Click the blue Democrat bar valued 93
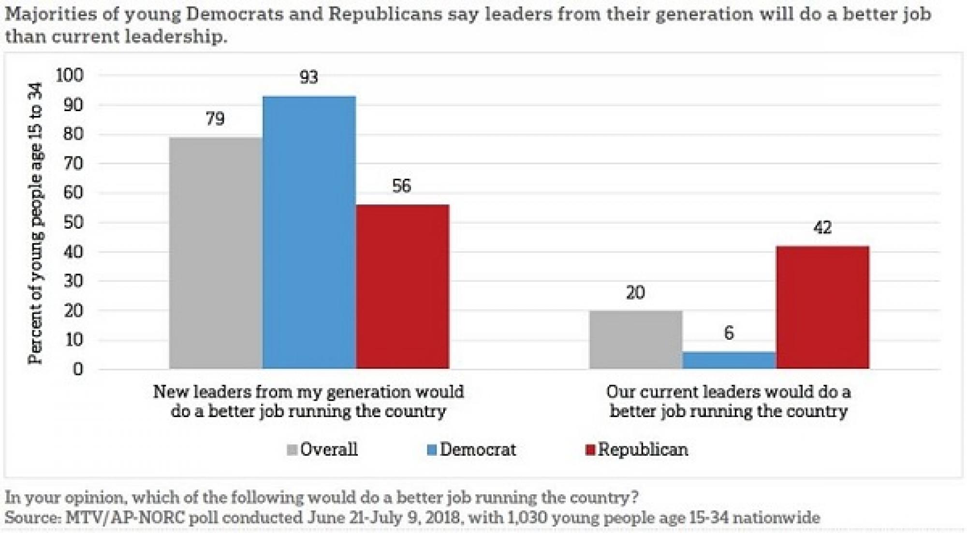coord(309,232)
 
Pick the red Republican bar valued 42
coord(822,307)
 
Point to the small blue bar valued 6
coord(729,360)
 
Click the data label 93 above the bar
coord(309,77)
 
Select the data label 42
coord(822,228)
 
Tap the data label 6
coord(729,333)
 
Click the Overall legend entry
coord(322,449)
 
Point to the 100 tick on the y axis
coord(70,75)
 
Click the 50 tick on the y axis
coord(73,223)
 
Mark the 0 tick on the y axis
coord(78,370)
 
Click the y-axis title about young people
coord(35,223)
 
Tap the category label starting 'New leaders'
coord(308,401)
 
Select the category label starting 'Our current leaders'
coord(729,401)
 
